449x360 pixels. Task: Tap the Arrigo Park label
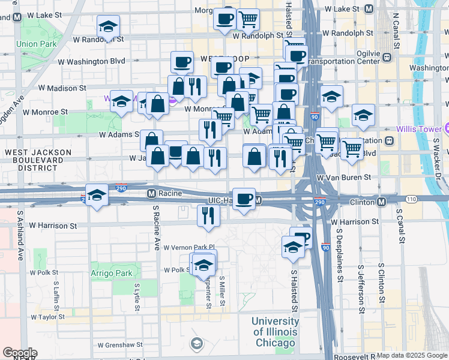pos(111,273)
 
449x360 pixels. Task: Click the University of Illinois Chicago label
pos(274,332)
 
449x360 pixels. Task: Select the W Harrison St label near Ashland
pos(52,226)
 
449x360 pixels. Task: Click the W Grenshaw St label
pos(120,345)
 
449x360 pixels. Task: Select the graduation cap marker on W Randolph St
pos(109,26)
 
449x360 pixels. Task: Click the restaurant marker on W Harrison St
pos(208,215)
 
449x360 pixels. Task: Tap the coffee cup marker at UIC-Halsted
pos(243,199)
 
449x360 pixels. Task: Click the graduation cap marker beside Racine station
pos(97,195)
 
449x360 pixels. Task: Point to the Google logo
pos(19,353)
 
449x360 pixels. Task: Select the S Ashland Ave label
pos(20,234)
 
